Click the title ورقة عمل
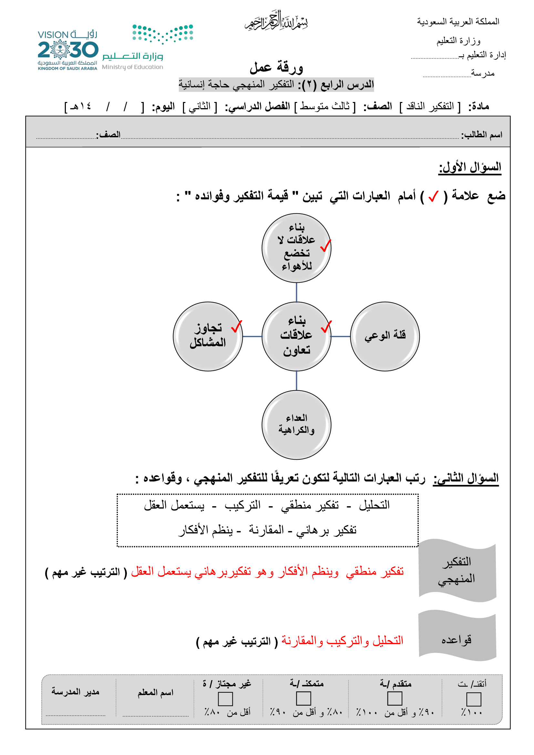[276, 67]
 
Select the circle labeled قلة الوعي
[385, 336]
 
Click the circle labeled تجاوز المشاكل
[208, 336]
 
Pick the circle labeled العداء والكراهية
[296, 425]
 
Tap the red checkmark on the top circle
[325, 246]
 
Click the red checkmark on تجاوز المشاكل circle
[236, 327]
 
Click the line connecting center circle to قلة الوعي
[340, 336]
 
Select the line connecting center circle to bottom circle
[296, 381]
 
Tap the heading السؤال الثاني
[466, 478]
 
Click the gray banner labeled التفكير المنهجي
[457, 570]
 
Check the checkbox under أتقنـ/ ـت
[474, 699]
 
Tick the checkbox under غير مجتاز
[225, 699]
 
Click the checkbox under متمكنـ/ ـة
[303, 699]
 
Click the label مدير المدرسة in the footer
[75, 692]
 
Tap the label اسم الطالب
[481, 135]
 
